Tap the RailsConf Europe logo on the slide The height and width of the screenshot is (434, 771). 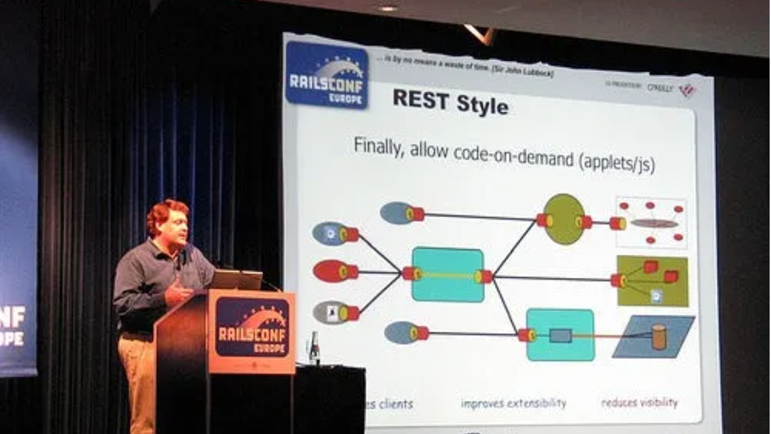(x=327, y=74)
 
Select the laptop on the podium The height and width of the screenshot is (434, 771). (x=236, y=279)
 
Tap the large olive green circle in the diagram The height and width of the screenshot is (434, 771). (x=564, y=220)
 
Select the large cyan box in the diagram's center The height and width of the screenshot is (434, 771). (x=448, y=274)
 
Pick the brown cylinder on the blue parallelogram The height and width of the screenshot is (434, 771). (x=659, y=336)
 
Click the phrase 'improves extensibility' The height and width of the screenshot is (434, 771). (x=513, y=403)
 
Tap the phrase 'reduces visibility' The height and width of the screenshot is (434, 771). (x=639, y=402)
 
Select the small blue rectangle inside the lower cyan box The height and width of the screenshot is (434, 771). (x=561, y=335)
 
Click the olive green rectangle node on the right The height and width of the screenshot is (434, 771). (x=652, y=280)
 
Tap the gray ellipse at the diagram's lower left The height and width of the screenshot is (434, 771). (x=330, y=312)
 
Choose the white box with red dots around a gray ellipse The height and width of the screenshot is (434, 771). (x=651, y=222)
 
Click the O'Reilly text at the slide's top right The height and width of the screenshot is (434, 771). (x=659, y=87)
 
